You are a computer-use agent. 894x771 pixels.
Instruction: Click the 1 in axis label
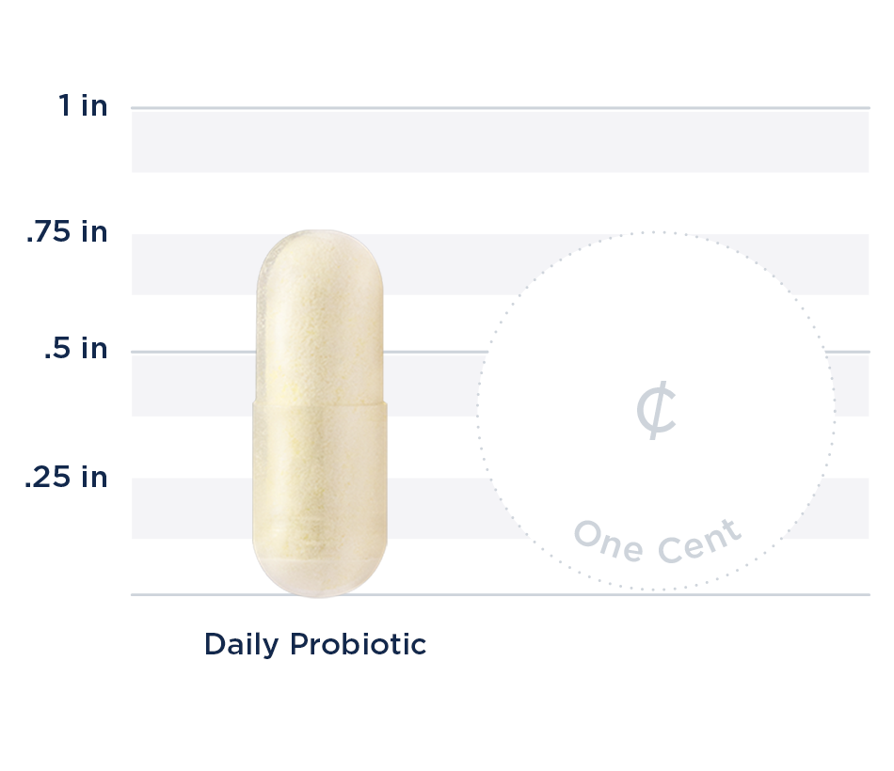click(x=83, y=105)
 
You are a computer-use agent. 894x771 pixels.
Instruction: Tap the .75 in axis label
click(x=67, y=232)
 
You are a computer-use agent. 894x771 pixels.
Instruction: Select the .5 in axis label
click(x=75, y=350)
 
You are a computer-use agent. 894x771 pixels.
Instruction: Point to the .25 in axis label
click(x=66, y=477)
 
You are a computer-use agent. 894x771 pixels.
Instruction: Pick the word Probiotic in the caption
click(x=358, y=645)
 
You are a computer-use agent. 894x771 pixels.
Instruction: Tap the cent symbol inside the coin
click(x=656, y=411)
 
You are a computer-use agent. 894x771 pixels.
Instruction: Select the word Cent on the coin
click(x=699, y=540)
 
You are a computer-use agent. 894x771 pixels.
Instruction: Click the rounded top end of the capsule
click(x=320, y=246)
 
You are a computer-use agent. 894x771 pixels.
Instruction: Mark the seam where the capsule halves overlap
click(x=320, y=402)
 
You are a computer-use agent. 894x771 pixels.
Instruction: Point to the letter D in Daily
click(x=215, y=645)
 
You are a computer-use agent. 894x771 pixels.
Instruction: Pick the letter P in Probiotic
click(x=298, y=645)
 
